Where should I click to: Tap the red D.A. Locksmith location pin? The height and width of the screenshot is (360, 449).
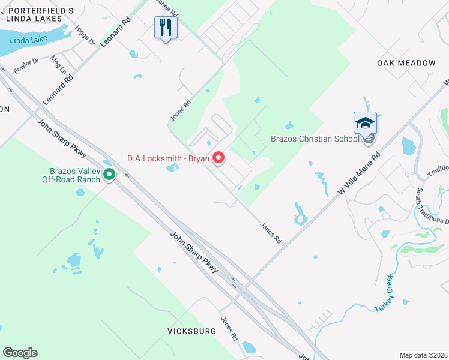tap(219, 158)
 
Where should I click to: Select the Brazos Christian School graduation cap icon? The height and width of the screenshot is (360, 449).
tap(365, 123)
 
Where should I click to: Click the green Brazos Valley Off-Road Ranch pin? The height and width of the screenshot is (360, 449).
tap(109, 175)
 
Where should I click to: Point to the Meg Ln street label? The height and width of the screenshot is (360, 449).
tap(58, 63)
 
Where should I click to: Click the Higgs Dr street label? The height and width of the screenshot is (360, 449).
tap(84, 35)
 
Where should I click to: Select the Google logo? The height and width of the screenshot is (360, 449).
tap(20, 353)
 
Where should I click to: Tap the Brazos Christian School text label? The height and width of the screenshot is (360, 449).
tap(319, 138)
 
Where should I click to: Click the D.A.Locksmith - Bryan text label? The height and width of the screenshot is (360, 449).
tap(168, 158)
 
